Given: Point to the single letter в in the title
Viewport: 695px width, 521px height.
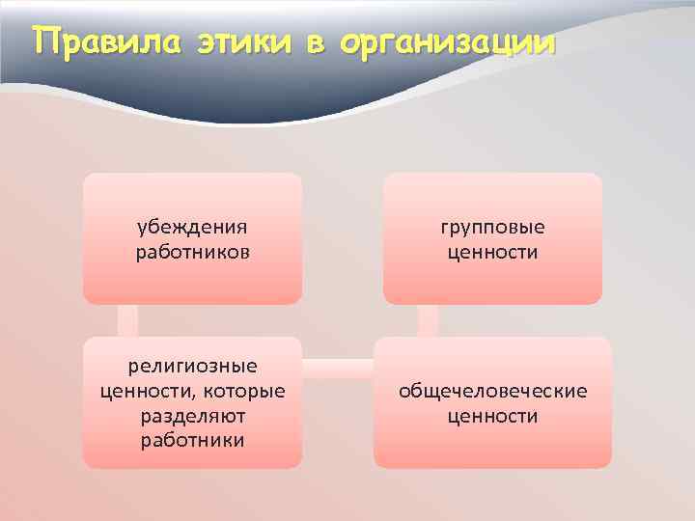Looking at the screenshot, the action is [x=322, y=44].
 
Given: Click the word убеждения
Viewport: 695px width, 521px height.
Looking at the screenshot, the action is [x=192, y=227].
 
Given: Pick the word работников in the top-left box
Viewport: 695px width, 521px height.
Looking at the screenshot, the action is [x=192, y=252].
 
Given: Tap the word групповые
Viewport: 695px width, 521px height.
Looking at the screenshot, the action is [x=492, y=227].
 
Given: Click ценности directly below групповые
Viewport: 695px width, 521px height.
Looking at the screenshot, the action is [x=492, y=252].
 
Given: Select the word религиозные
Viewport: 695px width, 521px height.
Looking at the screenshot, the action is [x=193, y=367].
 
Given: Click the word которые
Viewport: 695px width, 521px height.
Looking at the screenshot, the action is [x=241, y=391].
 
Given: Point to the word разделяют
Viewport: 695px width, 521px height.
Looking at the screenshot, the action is [x=192, y=416].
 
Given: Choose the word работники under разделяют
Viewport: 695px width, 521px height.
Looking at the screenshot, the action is [x=192, y=441].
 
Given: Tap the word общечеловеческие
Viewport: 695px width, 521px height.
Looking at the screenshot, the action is [x=492, y=391].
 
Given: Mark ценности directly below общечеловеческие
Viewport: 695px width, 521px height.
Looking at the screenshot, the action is [x=492, y=416].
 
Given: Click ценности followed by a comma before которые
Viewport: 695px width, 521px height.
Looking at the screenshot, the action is [x=144, y=391].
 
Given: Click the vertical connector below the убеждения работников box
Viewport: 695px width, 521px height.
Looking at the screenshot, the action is [x=127, y=321].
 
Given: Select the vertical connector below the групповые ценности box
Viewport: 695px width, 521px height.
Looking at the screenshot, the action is [x=428, y=321].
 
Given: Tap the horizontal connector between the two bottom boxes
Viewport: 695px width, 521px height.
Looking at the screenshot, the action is [x=338, y=368].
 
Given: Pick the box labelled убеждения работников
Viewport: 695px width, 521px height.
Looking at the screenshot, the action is [x=192, y=280].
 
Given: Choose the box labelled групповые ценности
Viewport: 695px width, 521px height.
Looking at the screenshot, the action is [x=492, y=280].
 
